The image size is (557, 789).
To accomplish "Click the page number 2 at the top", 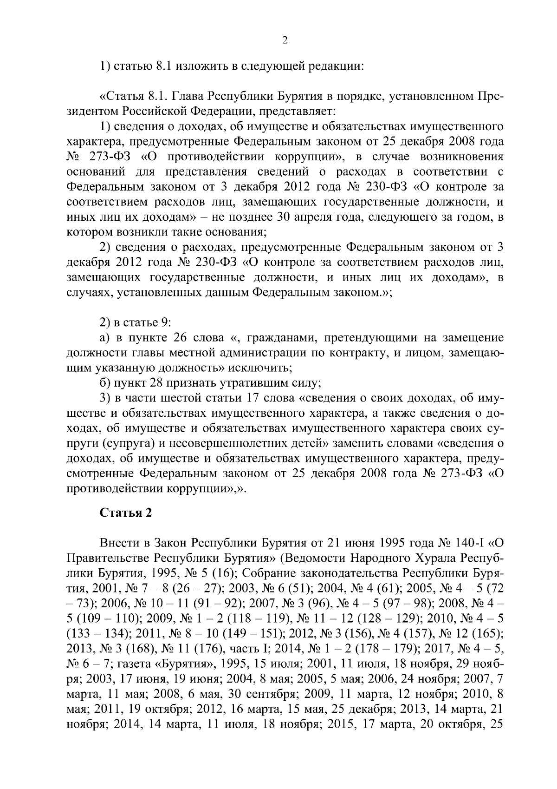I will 285,40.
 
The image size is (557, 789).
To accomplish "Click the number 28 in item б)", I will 155,383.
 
